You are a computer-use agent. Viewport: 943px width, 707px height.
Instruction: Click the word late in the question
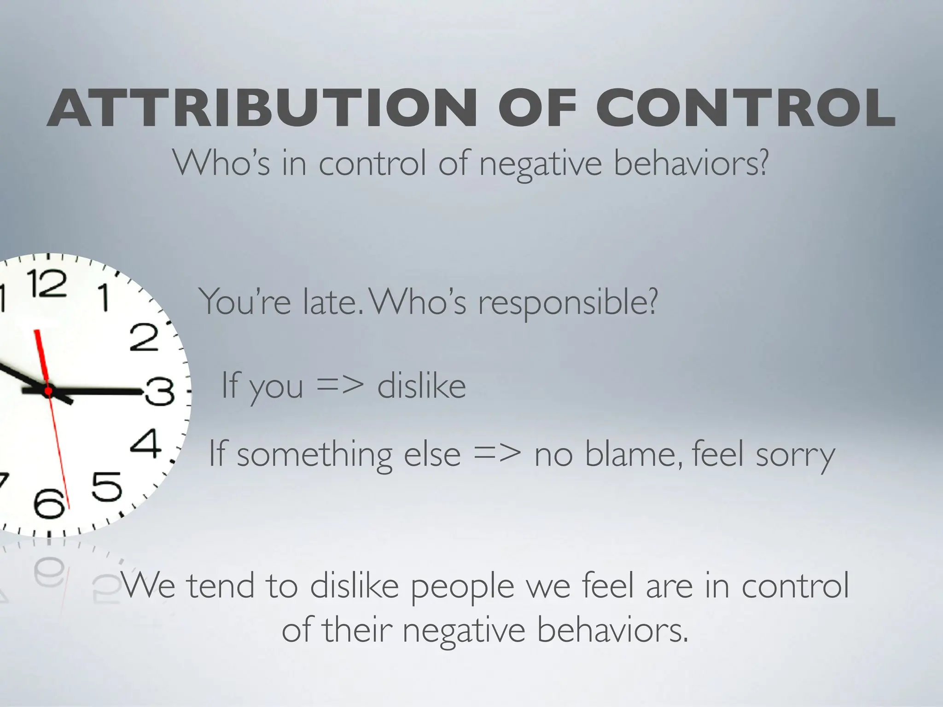329,302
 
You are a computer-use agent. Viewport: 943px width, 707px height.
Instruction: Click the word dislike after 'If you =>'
421,386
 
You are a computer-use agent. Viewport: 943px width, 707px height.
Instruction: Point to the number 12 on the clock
46,283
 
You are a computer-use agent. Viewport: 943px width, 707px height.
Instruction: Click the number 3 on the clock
159,392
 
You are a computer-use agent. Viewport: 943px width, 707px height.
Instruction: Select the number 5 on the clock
107,487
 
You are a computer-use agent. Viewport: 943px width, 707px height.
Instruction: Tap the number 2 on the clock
144,337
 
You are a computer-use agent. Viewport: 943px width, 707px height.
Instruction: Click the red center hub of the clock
48,391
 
